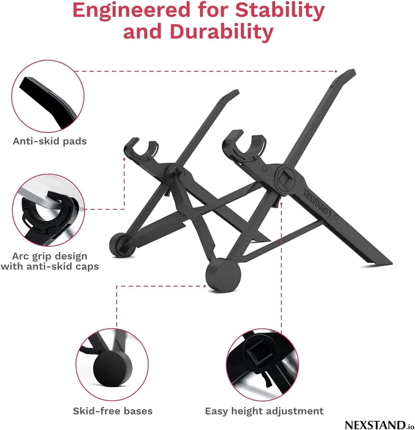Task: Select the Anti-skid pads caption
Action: [x=50, y=141]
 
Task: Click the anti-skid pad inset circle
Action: [x=48, y=96]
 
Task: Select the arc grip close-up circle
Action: [x=49, y=210]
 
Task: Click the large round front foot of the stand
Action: [x=223, y=275]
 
